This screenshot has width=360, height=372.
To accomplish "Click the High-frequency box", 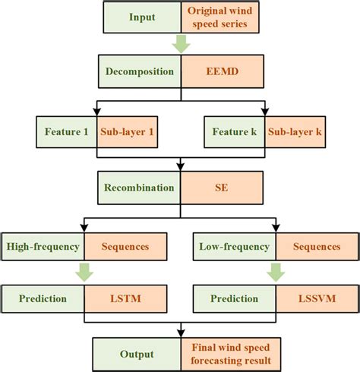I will [42, 246].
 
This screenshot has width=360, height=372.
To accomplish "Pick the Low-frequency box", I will [234, 246].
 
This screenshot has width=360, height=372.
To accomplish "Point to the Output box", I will [137, 353].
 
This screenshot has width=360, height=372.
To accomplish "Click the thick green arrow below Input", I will [181, 44].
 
